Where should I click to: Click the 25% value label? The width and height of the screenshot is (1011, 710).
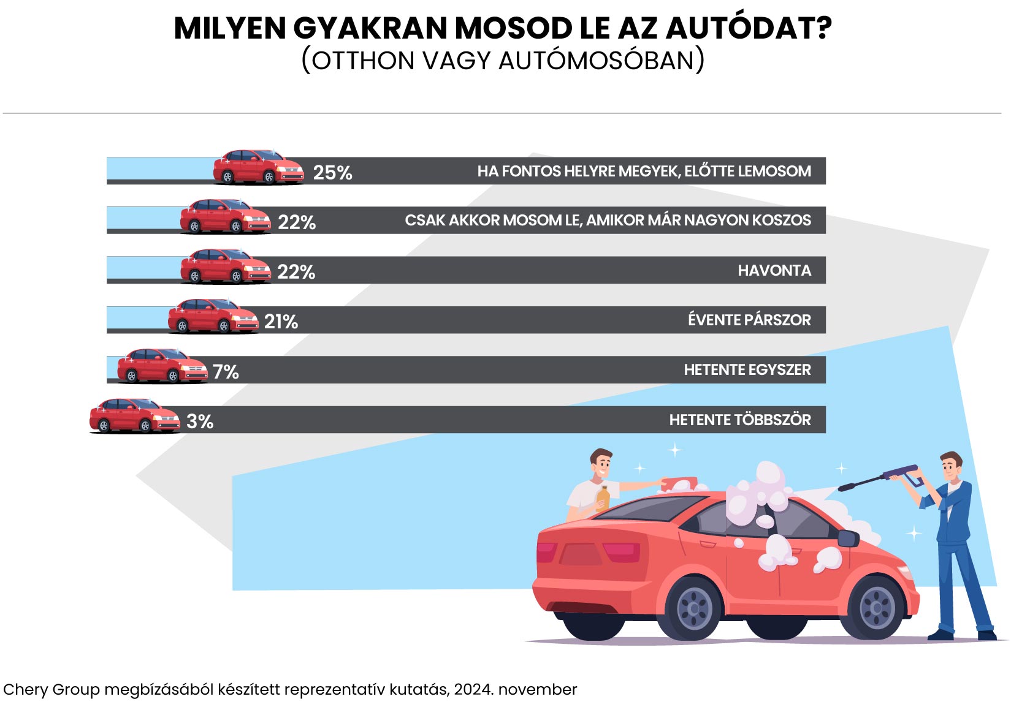332,173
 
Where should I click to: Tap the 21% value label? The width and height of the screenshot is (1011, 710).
281,322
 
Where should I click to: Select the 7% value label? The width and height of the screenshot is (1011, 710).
226,372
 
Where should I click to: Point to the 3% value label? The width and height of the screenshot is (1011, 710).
199,421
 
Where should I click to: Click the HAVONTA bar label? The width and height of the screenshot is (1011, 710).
774,271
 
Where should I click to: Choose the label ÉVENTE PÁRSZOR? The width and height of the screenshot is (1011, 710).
749,320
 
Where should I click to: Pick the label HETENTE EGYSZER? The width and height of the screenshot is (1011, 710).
747,370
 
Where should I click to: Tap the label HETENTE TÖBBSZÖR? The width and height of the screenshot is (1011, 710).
739,420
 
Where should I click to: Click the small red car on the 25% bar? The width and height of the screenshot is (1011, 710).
258,167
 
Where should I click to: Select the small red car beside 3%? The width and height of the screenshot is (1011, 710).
134,416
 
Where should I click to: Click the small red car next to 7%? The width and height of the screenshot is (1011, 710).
162,366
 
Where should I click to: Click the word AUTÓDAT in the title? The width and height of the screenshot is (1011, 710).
748,28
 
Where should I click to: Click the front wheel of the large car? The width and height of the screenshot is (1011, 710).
877,608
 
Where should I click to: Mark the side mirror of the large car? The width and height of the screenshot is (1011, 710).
848,538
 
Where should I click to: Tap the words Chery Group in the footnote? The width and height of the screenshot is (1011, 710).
51,690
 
